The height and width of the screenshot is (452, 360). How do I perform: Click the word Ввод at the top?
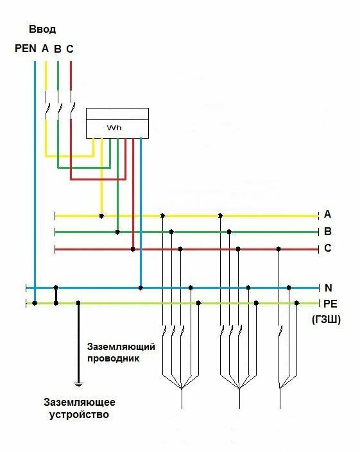(x=42, y=30)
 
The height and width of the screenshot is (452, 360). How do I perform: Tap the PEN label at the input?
(x=26, y=48)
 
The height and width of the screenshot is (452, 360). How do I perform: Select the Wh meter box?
(x=117, y=123)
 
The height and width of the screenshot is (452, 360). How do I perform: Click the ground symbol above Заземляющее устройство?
(x=78, y=384)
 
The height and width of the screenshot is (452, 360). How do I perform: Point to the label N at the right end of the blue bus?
(x=329, y=288)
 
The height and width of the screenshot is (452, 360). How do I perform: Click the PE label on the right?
(x=330, y=304)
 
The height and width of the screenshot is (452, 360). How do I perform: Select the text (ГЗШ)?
(x=326, y=320)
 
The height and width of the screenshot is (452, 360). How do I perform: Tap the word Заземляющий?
(x=121, y=347)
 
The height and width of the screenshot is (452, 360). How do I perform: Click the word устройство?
(x=79, y=415)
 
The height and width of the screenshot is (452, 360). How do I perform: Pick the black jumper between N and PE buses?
(x=56, y=295)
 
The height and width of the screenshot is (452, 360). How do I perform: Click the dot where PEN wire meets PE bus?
(x=35, y=303)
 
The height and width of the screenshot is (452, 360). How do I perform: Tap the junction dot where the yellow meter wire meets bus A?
(x=101, y=216)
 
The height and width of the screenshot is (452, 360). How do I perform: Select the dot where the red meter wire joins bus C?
(x=133, y=249)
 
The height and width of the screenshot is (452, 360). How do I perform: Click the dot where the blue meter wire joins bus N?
(x=141, y=288)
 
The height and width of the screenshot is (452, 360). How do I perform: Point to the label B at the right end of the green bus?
(x=328, y=232)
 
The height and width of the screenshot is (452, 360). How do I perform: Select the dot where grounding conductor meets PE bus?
(x=78, y=303)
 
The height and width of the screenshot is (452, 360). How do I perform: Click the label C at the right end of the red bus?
(x=328, y=248)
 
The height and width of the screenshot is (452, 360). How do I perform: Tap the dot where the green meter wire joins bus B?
(x=117, y=232)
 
